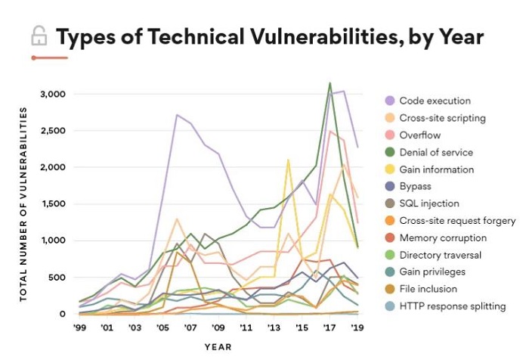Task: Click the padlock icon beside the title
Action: [x=38, y=36]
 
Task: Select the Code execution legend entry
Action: [x=435, y=101]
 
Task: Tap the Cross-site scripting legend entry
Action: [x=442, y=118]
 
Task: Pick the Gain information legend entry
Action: [x=437, y=169]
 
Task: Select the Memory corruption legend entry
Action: [x=442, y=237]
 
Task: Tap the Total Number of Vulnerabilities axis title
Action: [x=23, y=204]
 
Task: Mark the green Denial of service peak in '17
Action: [x=329, y=83]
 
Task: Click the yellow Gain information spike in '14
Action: [x=288, y=160]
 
